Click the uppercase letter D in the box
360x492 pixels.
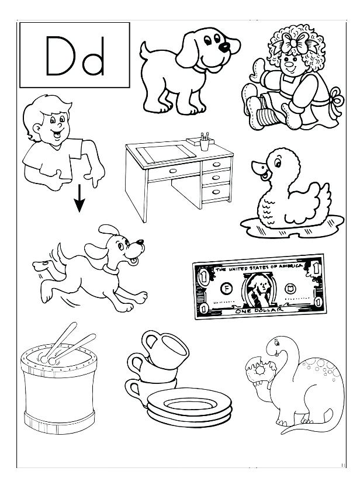(59, 57)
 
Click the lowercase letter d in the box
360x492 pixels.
(93, 57)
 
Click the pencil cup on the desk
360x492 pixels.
(205, 143)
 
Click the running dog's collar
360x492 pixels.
(109, 269)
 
